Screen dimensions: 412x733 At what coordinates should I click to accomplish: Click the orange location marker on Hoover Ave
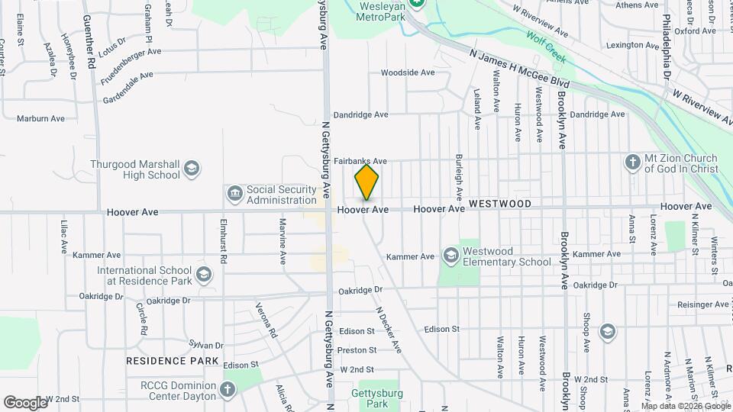tap(366, 182)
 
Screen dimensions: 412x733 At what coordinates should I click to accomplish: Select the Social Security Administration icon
tap(234, 194)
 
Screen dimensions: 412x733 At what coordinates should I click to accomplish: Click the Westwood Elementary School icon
tap(450, 255)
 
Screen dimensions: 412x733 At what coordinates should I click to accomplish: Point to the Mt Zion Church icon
tap(632, 162)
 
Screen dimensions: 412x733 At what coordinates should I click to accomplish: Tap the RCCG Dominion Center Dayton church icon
tap(227, 390)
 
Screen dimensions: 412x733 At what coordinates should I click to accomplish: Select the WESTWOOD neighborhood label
tap(500, 204)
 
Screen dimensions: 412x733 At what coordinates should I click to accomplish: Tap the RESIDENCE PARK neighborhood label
tap(173, 361)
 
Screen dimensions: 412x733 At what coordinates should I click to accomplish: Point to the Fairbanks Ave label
tap(360, 162)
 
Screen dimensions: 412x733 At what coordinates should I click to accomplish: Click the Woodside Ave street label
tap(408, 73)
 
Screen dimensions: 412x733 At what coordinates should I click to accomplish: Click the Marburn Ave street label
tap(41, 119)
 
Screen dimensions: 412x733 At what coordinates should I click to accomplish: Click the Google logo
tap(25, 402)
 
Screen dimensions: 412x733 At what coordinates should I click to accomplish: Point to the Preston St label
tap(357, 350)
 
